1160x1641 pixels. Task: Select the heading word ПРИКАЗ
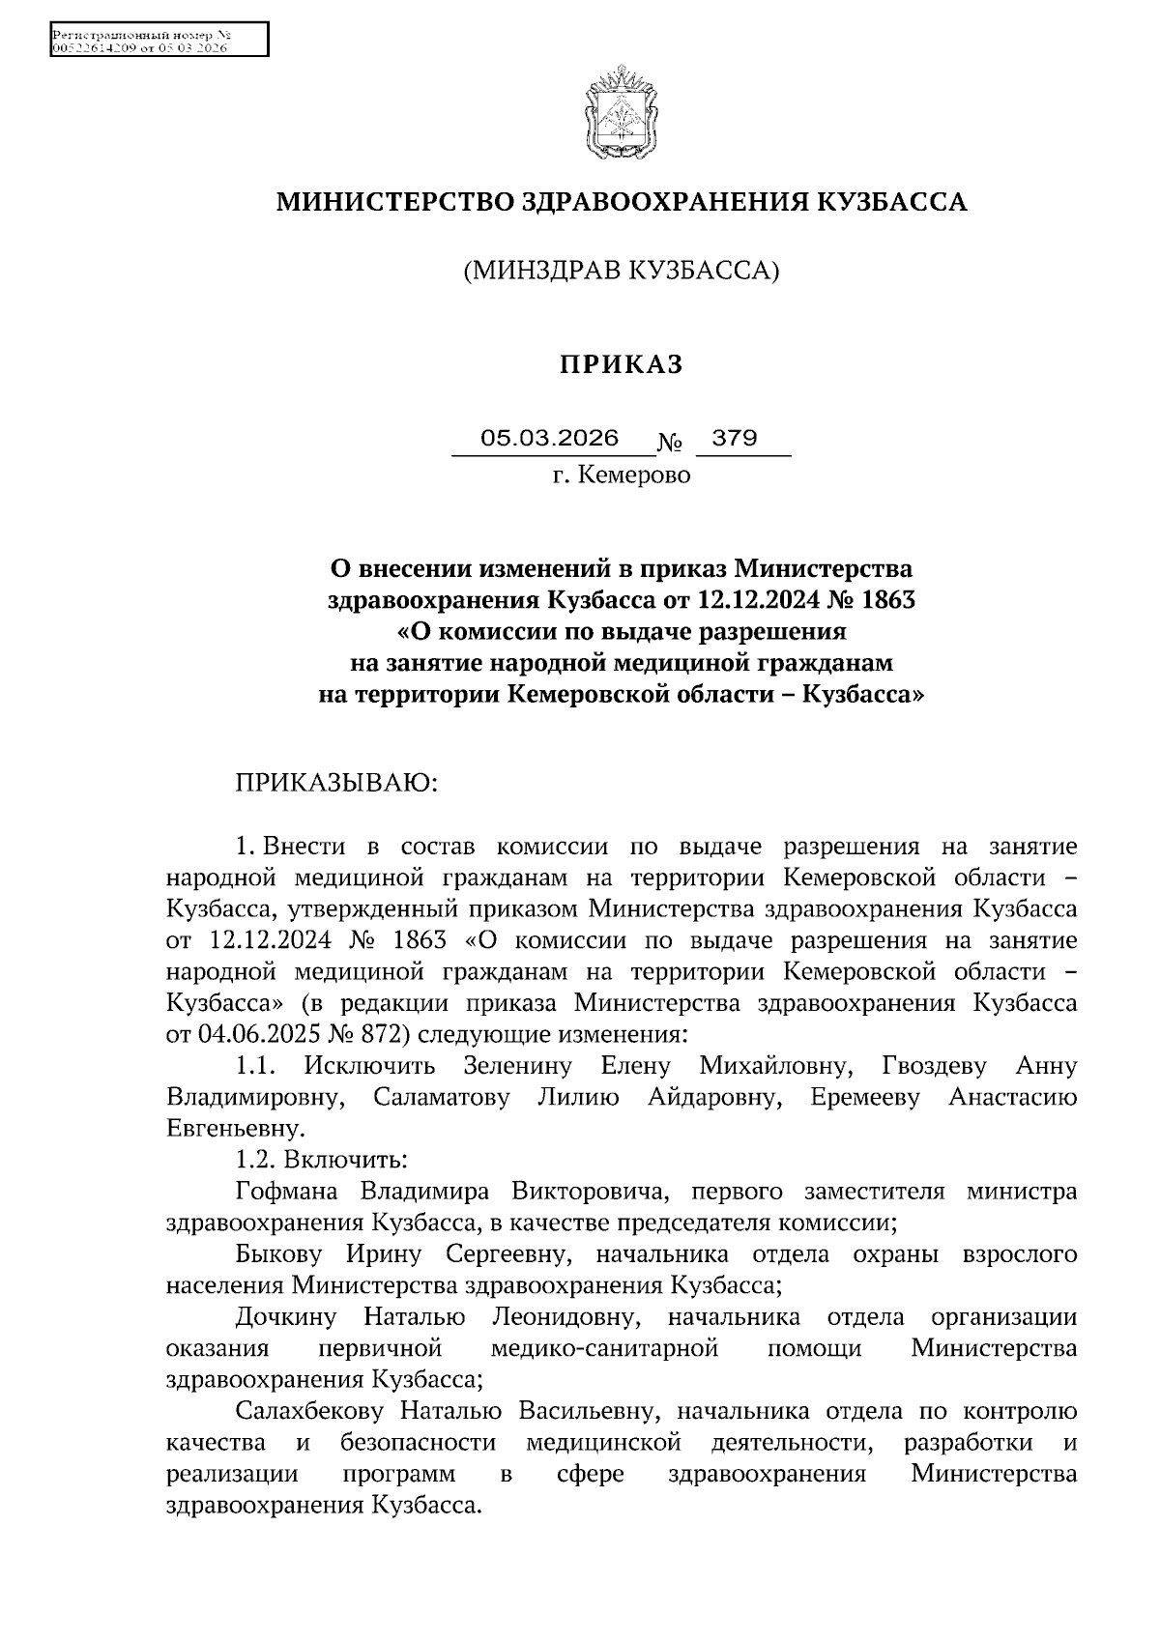click(x=622, y=364)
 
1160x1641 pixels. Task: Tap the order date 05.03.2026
click(x=550, y=439)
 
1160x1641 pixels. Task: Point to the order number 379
click(x=735, y=439)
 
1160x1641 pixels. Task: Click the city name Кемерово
click(x=634, y=475)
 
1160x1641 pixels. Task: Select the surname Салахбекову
click(x=310, y=1412)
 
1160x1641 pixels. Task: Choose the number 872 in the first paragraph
click(x=387, y=1034)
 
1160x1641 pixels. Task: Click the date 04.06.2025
click(x=257, y=1034)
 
